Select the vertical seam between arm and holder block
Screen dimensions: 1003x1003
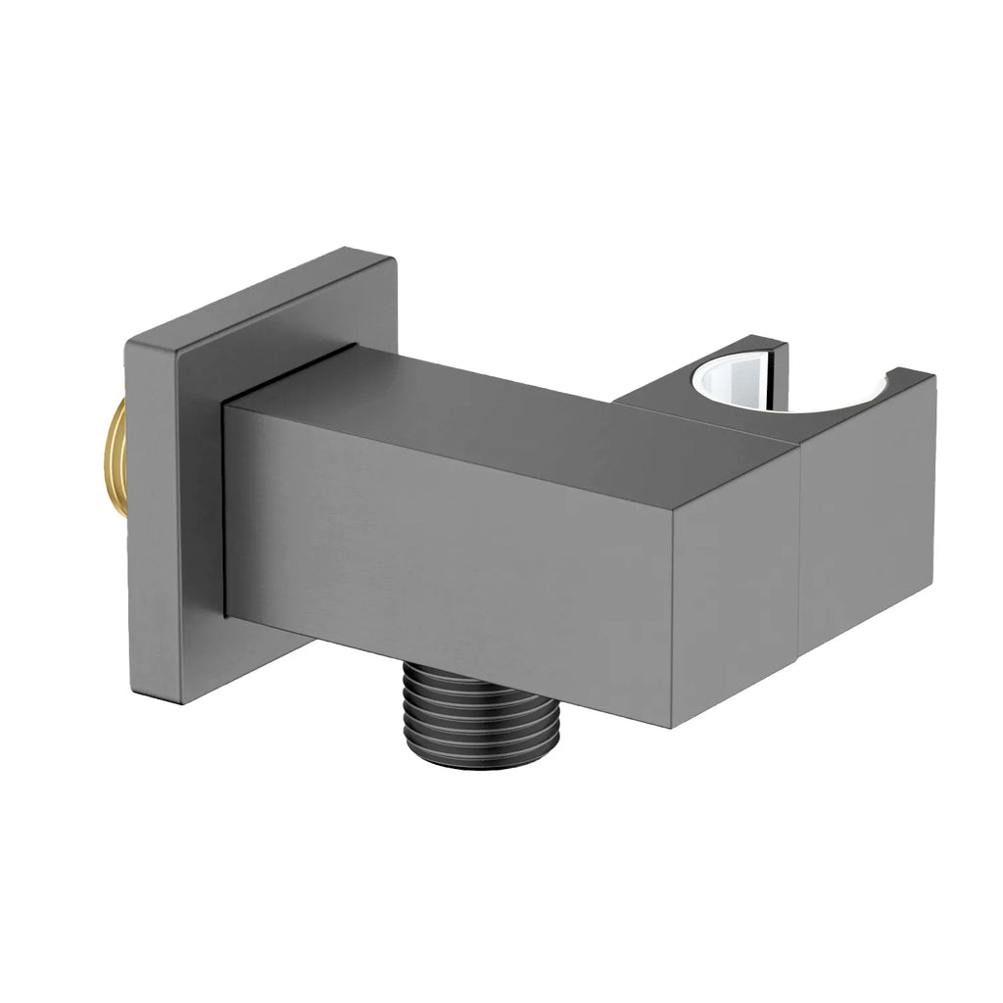point(800,558)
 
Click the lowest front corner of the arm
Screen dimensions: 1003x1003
point(672,727)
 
